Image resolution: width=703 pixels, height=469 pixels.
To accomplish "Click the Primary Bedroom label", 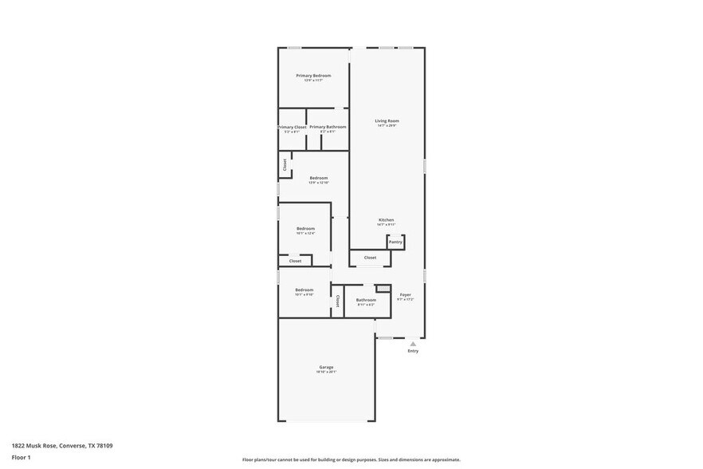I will pyautogui.click(x=313, y=76).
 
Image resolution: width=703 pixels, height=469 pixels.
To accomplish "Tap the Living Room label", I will pyautogui.click(x=387, y=121).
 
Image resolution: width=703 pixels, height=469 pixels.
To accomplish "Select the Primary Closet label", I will pyautogui.click(x=293, y=128).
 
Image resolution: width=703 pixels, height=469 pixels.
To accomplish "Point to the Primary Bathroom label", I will pyautogui.click(x=328, y=127).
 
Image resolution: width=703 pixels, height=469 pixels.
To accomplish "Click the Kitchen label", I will pyautogui.click(x=386, y=220).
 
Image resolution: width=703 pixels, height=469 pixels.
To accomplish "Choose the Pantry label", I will pyautogui.click(x=395, y=242).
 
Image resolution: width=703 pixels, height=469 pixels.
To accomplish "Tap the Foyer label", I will pyautogui.click(x=406, y=295).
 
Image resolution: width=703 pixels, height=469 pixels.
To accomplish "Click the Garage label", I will pyautogui.click(x=326, y=368).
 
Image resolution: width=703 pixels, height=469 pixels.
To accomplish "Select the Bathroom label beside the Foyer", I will pyautogui.click(x=366, y=300).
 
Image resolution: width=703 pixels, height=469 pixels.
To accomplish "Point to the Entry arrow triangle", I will pyautogui.click(x=413, y=344).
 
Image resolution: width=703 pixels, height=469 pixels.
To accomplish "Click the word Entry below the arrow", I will pyautogui.click(x=413, y=351).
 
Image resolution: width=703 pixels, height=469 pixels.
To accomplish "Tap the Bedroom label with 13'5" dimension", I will pyautogui.click(x=318, y=178).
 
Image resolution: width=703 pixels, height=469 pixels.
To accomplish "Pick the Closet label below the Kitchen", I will pyautogui.click(x=370, y=258).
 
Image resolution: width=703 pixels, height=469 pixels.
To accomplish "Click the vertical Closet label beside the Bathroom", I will pyautogui.click(x=337, y=301).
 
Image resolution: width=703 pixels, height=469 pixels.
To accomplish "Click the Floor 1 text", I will pyautogui.click(x=21, y=457).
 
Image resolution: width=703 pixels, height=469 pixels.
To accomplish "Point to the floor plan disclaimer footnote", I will pyautogui.click(x=351, y=459).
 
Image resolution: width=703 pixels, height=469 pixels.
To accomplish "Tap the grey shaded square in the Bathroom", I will pyautogui.click(x=383, y=289).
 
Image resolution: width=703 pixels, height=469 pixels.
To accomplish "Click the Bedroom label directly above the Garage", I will pyautogui.click(x=304, y=290).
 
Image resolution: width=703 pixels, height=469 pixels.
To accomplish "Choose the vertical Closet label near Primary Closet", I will pyautogui.click(x=285, y=164).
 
